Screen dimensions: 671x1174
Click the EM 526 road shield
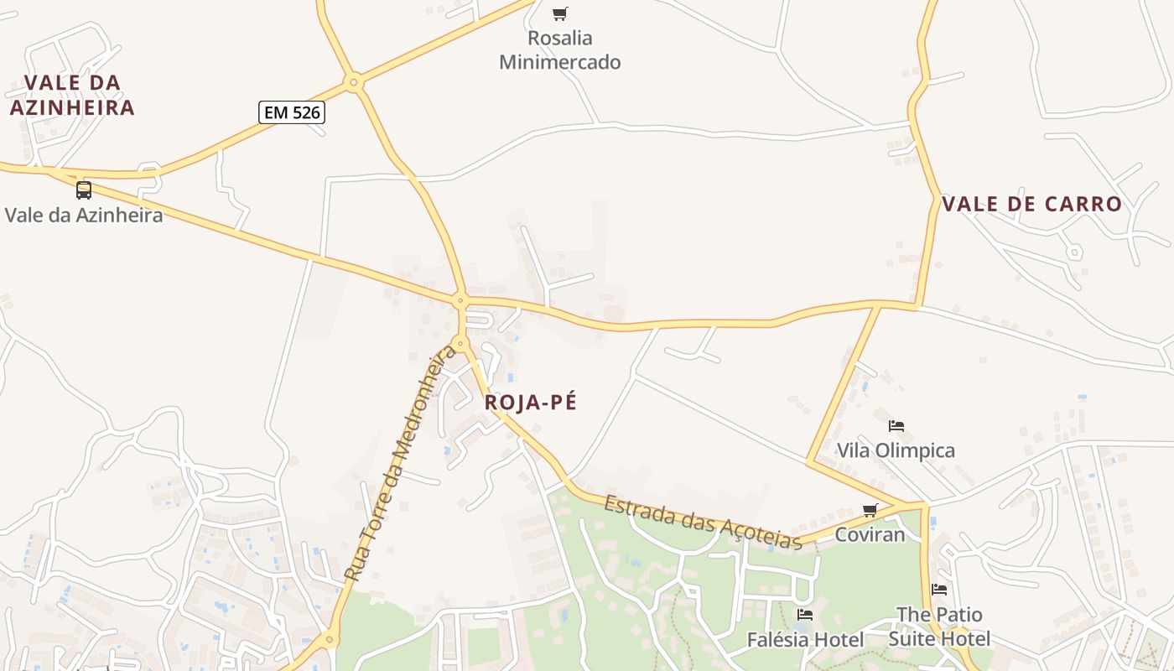[291, 112]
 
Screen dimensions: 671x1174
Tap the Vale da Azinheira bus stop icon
[84, 190]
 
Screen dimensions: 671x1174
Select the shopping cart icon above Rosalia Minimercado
[559, 13]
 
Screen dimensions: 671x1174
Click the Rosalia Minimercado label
[559, 50]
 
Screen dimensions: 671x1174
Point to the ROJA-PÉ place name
[531, 403]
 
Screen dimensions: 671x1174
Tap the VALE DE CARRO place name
[1031, 204]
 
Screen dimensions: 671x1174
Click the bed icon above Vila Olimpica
[896, 426]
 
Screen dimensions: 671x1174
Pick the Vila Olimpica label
[896, 451]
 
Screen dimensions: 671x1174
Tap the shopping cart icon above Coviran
[870, 510]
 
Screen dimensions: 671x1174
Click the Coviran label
[870, 534]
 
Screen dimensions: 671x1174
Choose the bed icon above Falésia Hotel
[805, 615]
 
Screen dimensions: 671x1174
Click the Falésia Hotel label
[805, 640]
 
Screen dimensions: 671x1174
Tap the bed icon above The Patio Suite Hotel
[939, 590]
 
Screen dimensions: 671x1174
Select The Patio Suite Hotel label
[939, 627]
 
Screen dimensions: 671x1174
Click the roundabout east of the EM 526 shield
[354, 82]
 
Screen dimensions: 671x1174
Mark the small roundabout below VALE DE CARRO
[1074, 252]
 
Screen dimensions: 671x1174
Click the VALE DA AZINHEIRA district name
[72, 95]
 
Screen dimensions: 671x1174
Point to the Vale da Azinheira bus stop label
[84, 215]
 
